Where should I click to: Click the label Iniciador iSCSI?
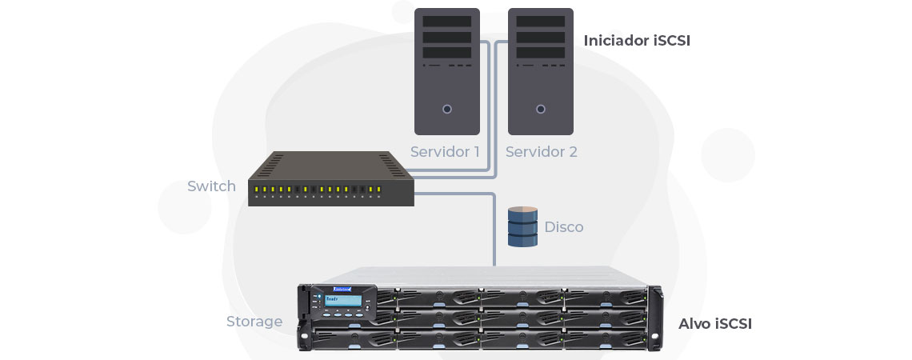[x=636, y=40]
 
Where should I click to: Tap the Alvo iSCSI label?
[x=714, y=324]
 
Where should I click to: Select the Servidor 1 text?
[x=445, y=151]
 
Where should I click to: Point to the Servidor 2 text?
[x=541, y=151]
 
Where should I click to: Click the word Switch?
[x=211, y=186]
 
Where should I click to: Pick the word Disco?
[x=563, y=227]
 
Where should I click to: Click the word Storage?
[x=254, y=322]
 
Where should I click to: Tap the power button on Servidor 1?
[x=447, y=109]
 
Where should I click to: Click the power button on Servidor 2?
[x=541, y=109]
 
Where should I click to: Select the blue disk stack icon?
[x=522, y=226]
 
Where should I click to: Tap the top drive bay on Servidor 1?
[x=447, y=22]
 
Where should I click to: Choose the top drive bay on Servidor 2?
[x=541, y=22]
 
